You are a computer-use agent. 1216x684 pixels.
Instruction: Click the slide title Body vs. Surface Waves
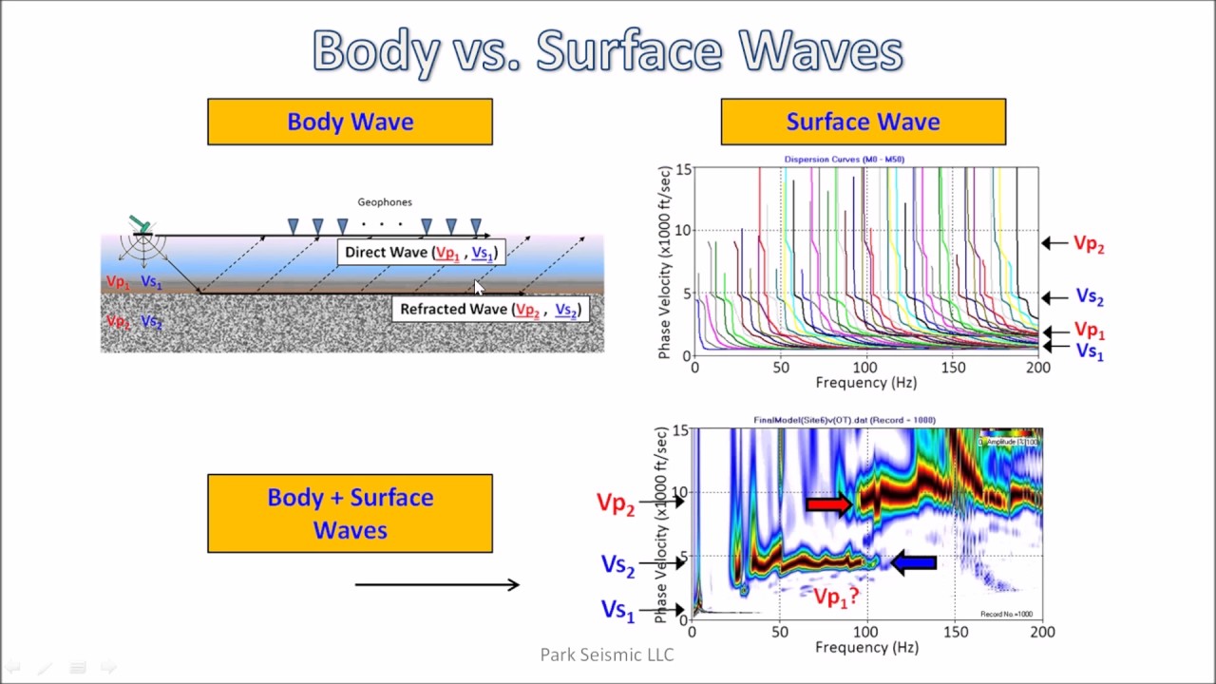coord(607,50)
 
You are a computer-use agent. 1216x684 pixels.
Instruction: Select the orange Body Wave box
coord(350,122)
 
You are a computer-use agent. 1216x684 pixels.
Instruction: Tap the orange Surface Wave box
coord(863,122)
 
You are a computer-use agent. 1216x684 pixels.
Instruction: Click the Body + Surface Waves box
coord(350,513)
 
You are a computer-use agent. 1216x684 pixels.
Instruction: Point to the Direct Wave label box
coord(420,252)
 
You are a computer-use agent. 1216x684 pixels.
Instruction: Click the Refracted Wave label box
coord(489,309)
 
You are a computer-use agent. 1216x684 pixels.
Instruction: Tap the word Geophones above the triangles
coord(385,202)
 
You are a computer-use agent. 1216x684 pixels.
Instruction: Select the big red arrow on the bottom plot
coord(828,504)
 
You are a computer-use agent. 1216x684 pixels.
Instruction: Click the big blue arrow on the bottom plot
coord(914,563)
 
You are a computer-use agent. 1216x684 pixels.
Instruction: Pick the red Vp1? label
coord(836,597)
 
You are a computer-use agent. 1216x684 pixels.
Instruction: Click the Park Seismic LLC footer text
coord(607,655)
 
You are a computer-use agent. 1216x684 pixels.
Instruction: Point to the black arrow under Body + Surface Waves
coord(437,584)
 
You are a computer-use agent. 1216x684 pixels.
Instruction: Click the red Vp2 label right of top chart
coord(1089,244)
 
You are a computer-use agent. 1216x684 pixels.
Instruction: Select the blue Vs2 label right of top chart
coord(1090,297)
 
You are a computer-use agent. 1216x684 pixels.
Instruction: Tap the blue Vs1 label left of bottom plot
coord(617,611)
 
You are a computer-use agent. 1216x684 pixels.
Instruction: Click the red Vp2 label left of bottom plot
coord(616,503)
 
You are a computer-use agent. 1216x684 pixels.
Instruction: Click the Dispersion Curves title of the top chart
coord(844,160)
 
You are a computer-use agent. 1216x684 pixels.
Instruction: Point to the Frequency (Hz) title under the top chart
coord(865,383)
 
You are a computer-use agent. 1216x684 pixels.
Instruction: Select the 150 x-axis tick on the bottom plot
coord(955,633)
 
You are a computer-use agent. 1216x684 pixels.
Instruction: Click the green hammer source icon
coord(141,224)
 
